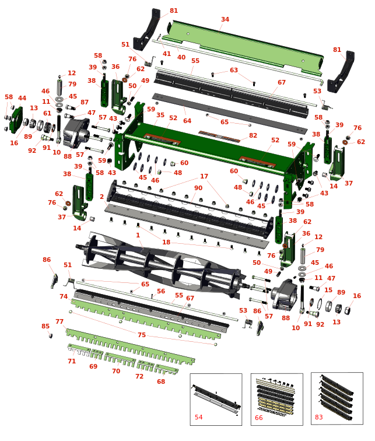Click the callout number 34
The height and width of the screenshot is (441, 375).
coord(225,19)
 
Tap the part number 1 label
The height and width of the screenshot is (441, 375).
coord(138,235)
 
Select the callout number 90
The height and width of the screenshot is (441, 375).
coord(198,188)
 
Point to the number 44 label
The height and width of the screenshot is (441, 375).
coord(22,98)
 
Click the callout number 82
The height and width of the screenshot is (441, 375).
coord(253,135)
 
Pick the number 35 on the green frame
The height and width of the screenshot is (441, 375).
coord(160,115)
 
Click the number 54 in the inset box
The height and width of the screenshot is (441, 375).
coord(198,417)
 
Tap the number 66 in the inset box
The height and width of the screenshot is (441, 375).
coord(258,418)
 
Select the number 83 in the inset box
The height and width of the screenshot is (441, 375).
coord(319,417)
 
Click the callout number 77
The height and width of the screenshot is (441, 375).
coord(59,321)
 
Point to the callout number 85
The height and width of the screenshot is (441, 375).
coord(45,326)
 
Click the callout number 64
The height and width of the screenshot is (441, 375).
coord(187,121)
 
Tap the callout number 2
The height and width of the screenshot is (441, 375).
coord(101,197)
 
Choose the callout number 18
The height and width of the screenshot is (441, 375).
coord(166,242)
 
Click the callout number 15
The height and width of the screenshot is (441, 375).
coord(328,290)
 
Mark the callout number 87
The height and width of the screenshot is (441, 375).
coord(85,102)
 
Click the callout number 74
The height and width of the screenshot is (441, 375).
coord(64,296)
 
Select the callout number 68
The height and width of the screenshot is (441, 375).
coord(161,381)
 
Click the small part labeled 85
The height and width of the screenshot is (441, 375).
coord(51,335)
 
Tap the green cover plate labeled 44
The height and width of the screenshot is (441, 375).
coord(16,120)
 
